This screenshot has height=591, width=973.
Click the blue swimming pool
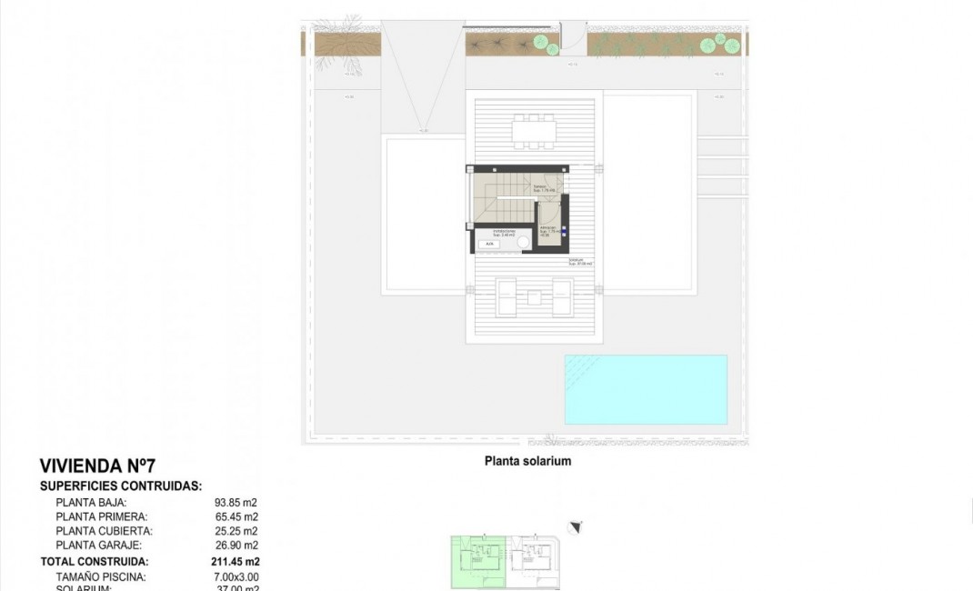coord(646,389)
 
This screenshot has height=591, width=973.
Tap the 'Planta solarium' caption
coord(527,461)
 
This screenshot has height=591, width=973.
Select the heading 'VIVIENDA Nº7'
coord(104,466)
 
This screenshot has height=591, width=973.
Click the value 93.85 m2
coord(236,502)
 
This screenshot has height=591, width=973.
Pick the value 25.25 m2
coord(236,531)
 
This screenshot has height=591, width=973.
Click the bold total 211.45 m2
coord(236,562)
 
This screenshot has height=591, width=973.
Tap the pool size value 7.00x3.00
coord(236,576)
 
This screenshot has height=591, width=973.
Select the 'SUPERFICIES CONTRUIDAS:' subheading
coord(121,486)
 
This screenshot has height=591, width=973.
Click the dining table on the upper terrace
coord(533,134)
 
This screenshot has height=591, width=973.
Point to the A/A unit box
coord(489,244)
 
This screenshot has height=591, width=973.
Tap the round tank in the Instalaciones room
coord(520,242)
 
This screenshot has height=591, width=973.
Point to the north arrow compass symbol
coord(574,527)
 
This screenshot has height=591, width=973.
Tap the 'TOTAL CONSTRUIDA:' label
coord(95,562)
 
